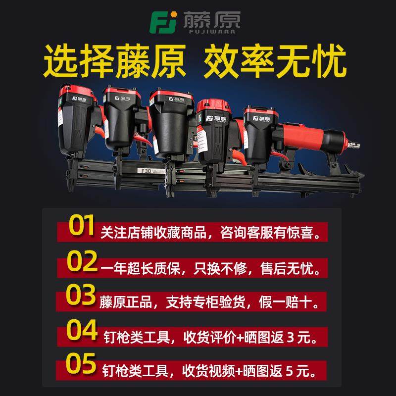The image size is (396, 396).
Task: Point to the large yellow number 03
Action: [x=81, y=296]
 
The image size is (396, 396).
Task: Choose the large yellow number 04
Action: [x=82, y=330]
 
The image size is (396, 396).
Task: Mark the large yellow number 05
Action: [x=82, y=364]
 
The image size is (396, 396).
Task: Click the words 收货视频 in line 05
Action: [x=197, y=369]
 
